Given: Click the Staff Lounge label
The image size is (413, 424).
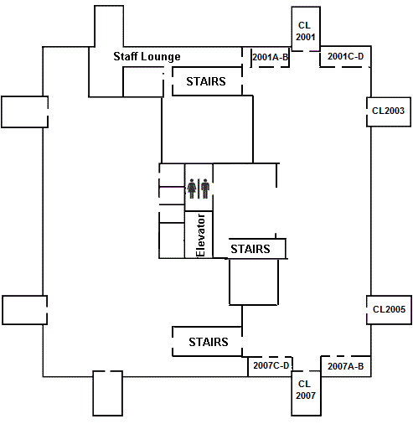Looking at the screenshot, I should point(147,56).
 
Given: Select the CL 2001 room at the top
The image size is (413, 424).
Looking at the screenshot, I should point(306,31).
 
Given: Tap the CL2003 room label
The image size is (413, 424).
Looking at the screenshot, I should point(389,111).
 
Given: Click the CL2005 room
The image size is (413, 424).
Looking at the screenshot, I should point(389,309).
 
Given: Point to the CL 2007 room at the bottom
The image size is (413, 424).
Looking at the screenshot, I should point(305,390).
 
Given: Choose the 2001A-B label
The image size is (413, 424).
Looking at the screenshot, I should point(271,57).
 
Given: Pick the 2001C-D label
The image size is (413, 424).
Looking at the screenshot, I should point(346,57).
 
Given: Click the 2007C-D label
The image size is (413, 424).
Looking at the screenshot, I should point(271,365).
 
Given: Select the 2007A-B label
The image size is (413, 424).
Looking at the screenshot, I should point(345,366).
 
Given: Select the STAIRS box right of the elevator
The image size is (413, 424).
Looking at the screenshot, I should point(250,249).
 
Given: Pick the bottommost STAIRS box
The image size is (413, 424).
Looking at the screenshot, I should point(208,342).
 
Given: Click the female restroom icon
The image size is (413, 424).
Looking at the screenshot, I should point(192,188).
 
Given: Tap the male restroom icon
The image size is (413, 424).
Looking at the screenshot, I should point(204,188).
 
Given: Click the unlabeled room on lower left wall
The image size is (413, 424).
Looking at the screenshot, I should point(24,309).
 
